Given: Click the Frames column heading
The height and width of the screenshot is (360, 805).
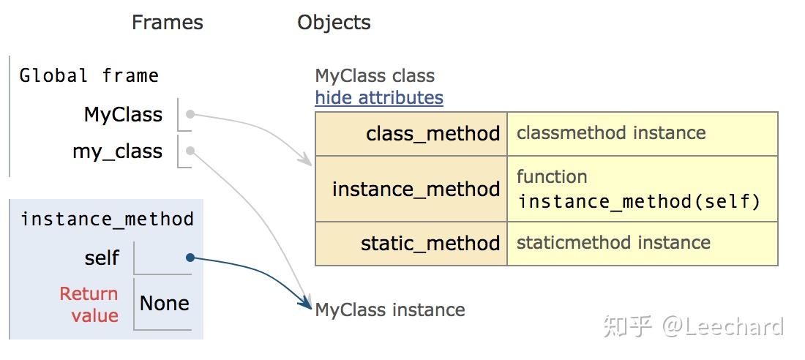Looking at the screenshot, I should click(x=167, y=23).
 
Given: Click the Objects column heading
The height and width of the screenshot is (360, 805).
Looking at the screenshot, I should click(x=334, y=23).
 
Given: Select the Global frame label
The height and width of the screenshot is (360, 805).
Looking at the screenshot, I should click(x=89, y=75).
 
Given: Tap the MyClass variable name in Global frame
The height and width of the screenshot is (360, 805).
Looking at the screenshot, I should click(x=123, y=115).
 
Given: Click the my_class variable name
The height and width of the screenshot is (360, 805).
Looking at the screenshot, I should click(x=117, y=151).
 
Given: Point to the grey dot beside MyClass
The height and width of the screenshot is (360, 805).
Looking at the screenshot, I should click(x=190, y=114).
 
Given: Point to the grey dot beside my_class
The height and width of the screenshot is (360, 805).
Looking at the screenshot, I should click(x=190, y=151).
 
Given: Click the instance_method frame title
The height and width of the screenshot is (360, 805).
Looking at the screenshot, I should click(x=107, y=219).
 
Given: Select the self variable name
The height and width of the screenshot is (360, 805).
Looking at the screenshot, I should click(x=102, y=258).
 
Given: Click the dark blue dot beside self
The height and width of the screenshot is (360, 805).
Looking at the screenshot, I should click(x=190, y=258).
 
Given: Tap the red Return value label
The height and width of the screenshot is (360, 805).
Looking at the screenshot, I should click(x=89, y=304).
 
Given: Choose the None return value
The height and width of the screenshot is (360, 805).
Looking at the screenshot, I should click(x=164, y=304).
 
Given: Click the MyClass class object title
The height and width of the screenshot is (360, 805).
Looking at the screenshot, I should click(x=375, y=75).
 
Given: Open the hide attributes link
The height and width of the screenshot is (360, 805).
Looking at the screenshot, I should click(x=379, y=97).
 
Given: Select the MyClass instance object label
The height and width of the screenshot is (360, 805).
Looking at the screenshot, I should click(x=390, y=310).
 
